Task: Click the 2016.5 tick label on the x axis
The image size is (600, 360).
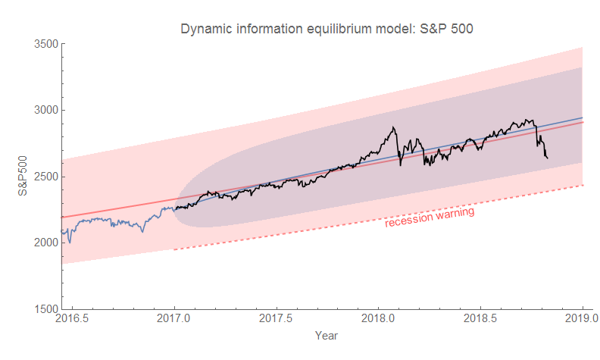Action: [x=72, y=319]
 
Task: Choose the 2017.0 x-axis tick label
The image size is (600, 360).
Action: [x=174, y=319]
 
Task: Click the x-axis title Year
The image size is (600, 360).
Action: [x=326, y=334]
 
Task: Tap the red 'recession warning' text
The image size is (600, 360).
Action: [x=430, y=218]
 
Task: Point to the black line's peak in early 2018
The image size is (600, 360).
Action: [x=394, y=127]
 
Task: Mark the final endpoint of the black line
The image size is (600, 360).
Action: [x=548, y=158]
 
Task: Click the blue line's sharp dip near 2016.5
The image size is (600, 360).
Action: [x=70, y=243]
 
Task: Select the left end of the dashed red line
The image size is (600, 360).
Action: [x=173, y=249]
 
